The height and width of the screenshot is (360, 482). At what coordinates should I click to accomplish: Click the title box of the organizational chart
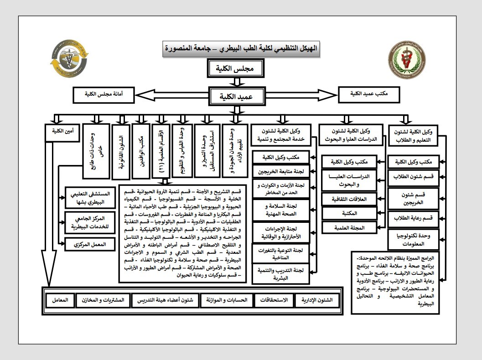[x=242, y=48]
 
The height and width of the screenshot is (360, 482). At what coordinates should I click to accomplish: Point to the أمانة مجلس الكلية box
[x=104, y=95]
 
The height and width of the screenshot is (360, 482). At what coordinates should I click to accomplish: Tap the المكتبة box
[x=349, y=212]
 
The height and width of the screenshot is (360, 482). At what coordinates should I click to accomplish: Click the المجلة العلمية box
[x=349, y=226]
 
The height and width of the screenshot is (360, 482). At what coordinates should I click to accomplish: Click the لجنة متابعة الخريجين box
[x=281, y=171]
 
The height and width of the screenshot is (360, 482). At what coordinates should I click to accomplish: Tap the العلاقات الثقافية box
[x=349, y=199]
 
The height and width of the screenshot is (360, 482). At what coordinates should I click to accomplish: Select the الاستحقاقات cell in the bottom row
[x=273, y=301]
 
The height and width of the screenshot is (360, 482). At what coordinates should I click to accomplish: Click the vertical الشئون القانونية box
[x=120, y=151]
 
